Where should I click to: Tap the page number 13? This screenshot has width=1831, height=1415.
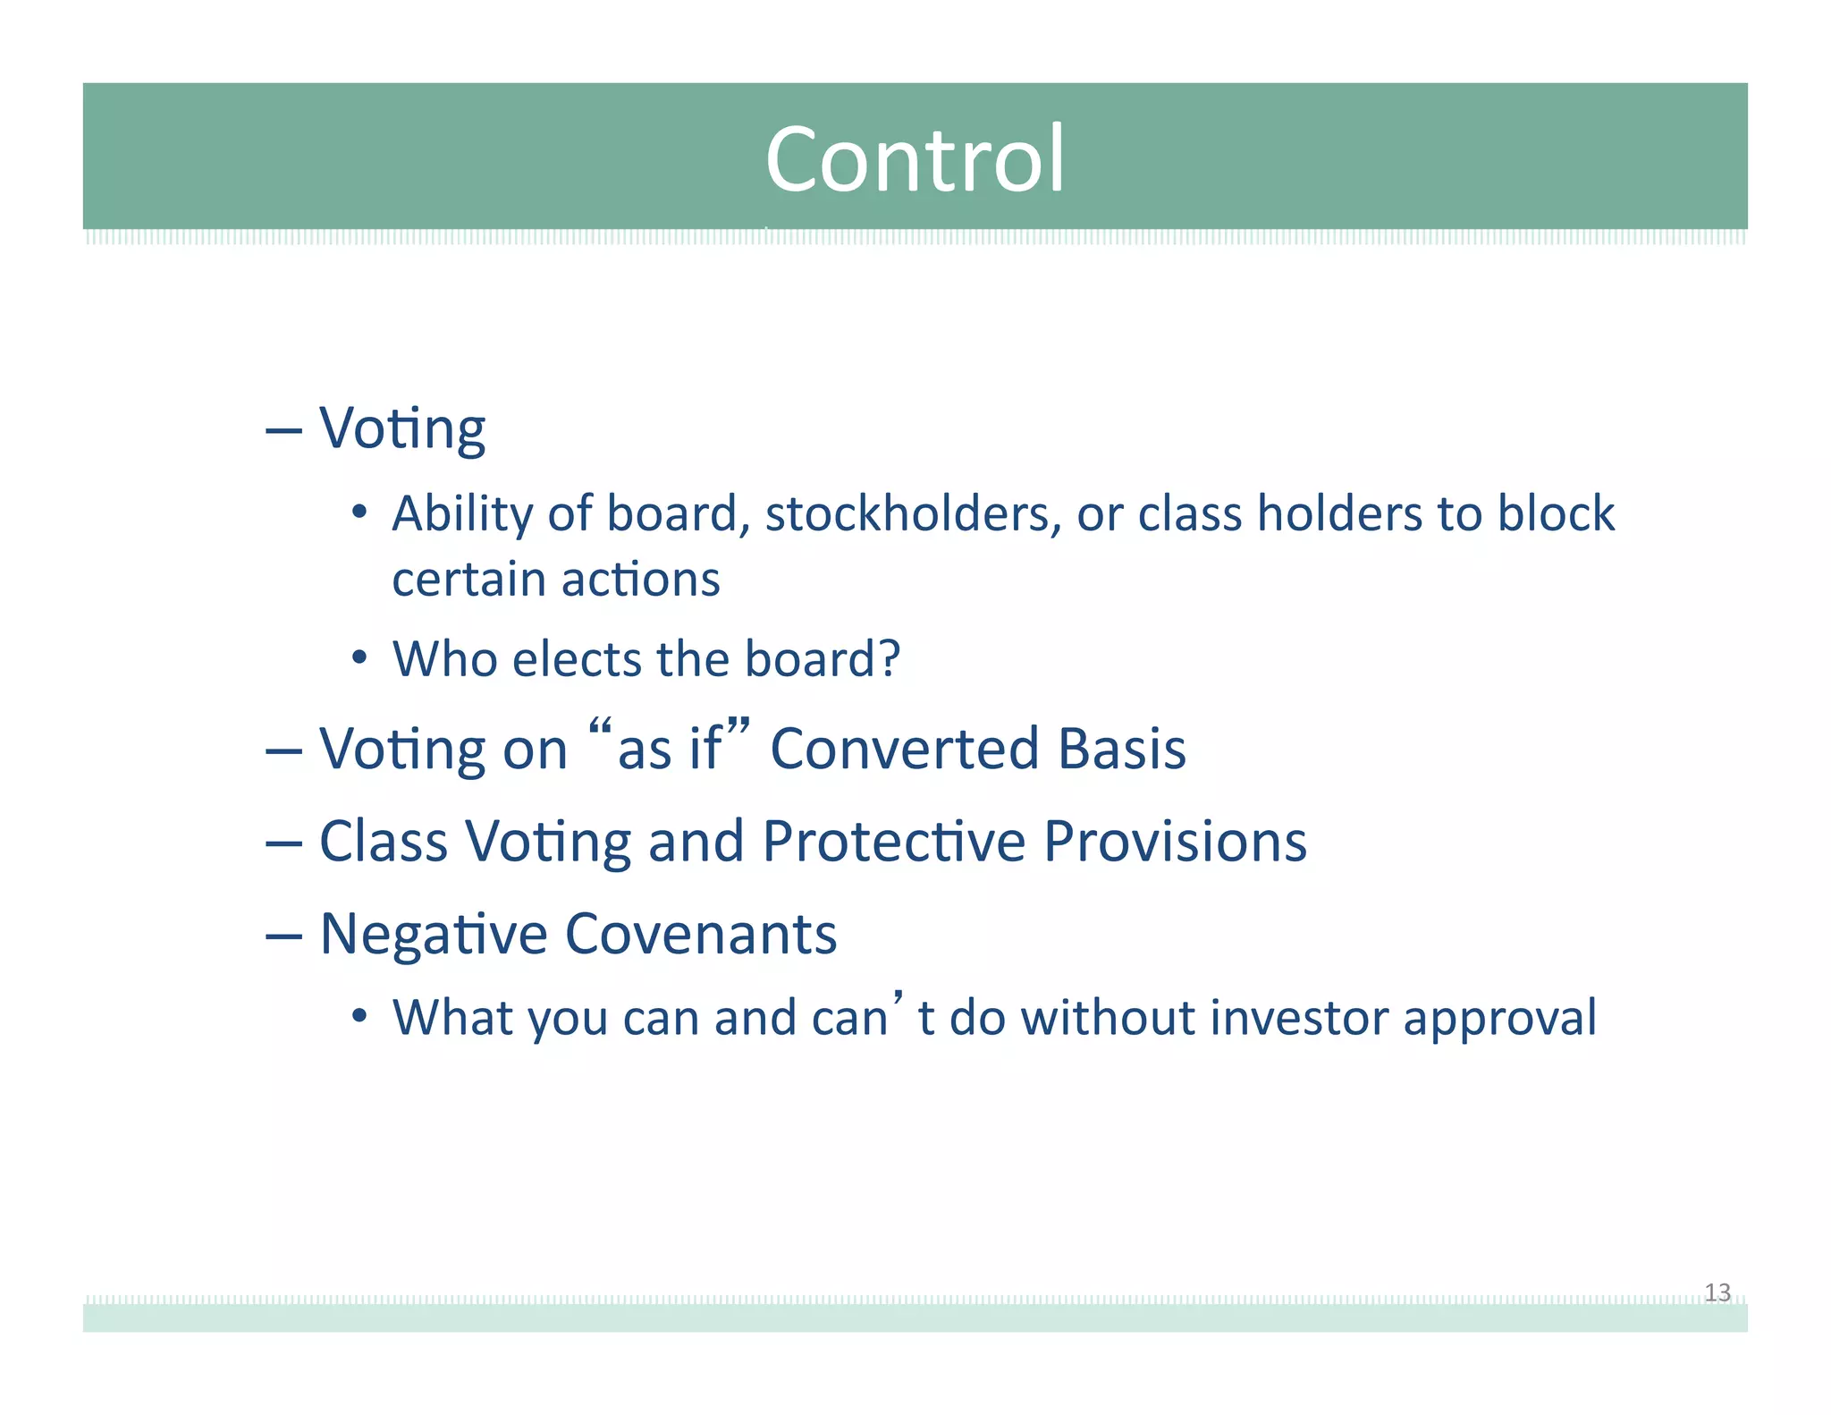pos(1717,1292)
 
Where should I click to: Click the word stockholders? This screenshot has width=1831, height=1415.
pos(913,514)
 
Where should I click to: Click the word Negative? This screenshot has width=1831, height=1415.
pos(433,936)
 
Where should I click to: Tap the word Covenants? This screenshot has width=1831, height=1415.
pos(701,934)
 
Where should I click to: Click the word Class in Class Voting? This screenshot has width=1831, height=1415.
pos(383,842)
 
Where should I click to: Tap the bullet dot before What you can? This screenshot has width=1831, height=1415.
pos(359,1017)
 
